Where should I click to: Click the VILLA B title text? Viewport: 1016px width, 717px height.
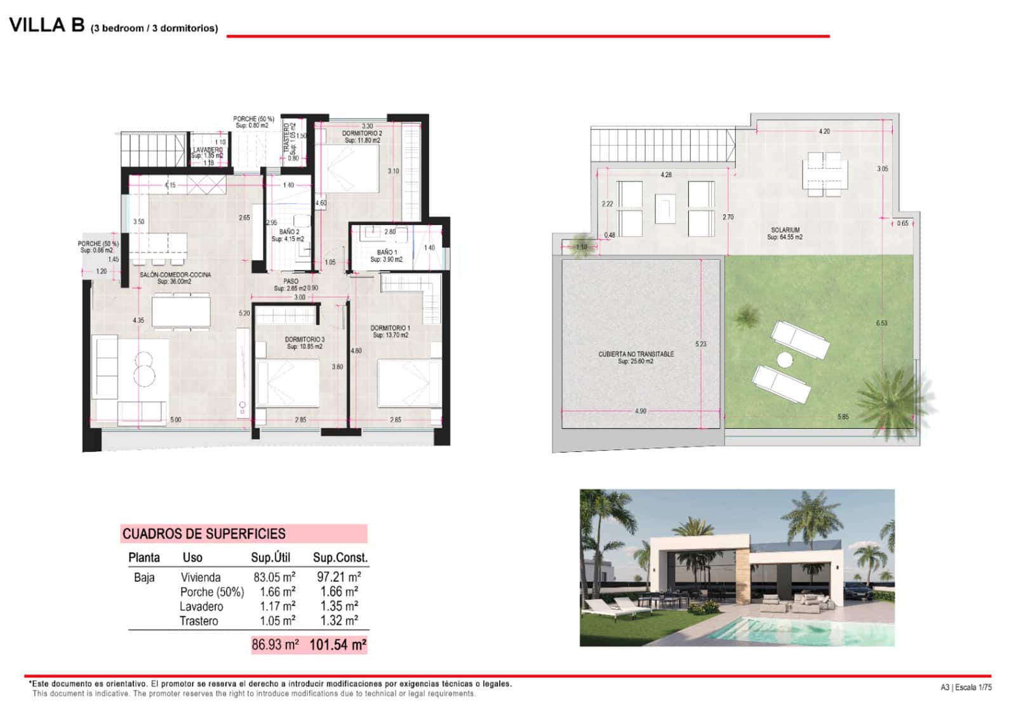tap(47, 25)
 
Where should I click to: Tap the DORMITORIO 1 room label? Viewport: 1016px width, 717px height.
tap(390, 329)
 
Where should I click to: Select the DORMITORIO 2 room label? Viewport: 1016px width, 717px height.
tap(362, 134)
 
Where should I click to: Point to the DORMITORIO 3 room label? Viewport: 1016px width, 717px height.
tap(304, 340)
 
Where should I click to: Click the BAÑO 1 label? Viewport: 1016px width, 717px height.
tap(386, 253)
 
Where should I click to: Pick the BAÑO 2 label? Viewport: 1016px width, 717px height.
tap(288, 232)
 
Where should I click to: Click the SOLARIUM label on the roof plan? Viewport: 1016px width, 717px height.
tap(785, 230)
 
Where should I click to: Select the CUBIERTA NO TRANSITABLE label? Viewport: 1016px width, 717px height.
tap(636, 354)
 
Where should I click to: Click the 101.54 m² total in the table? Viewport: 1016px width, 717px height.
tap(338, 645)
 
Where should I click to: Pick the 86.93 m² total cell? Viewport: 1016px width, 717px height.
tap(275, 645)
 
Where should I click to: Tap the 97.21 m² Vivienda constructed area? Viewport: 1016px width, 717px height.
tap(338, 577)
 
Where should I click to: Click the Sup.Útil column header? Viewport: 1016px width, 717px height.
tap(271, 558)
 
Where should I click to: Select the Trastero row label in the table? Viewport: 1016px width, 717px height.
tap(198, 621)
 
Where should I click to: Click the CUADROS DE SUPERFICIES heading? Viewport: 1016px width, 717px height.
tap(204, 534)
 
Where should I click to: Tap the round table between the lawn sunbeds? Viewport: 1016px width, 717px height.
tap(785, 360)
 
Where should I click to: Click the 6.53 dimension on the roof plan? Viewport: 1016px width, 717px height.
tap(881, 323)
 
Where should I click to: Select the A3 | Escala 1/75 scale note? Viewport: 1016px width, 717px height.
tap(965, 687)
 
